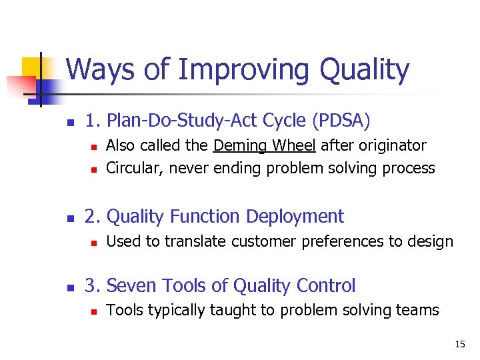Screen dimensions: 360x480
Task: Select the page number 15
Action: [x=460, y=344]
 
